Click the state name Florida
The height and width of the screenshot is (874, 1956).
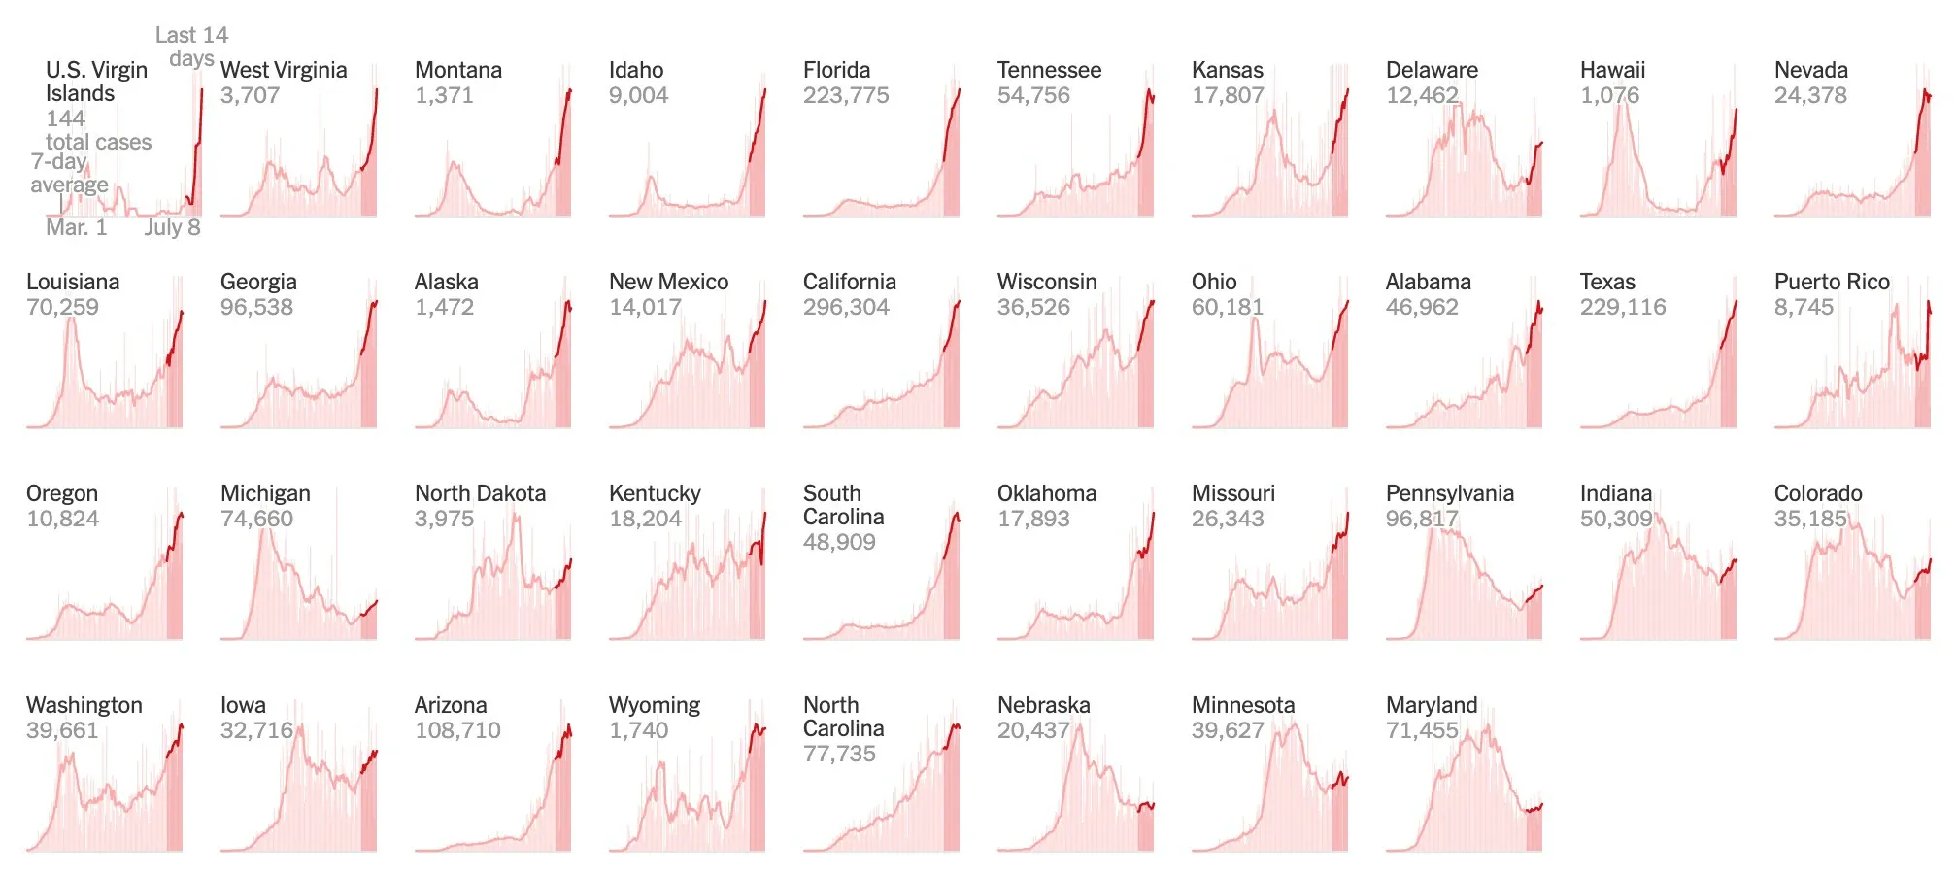836,70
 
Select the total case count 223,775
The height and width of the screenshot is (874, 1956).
845,95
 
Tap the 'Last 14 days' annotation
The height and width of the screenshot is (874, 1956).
191,46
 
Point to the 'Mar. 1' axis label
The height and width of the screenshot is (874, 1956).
76,227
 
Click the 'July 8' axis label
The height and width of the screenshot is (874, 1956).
172,227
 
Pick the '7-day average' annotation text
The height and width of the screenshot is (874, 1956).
69,173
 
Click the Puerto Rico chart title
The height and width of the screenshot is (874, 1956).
1832,282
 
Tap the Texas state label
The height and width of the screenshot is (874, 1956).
1607,282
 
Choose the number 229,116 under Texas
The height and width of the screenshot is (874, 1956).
1622,307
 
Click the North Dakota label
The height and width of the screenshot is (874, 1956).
480,493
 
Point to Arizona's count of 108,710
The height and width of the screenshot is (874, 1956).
457,730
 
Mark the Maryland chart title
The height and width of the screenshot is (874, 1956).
1431,705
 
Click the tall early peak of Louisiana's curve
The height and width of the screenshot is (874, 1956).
71,321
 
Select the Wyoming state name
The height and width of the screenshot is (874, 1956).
654,705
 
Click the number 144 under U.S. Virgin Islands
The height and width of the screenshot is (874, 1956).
65,118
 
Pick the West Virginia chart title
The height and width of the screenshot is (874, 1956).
284,70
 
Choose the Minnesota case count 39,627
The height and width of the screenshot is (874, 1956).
1228,730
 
